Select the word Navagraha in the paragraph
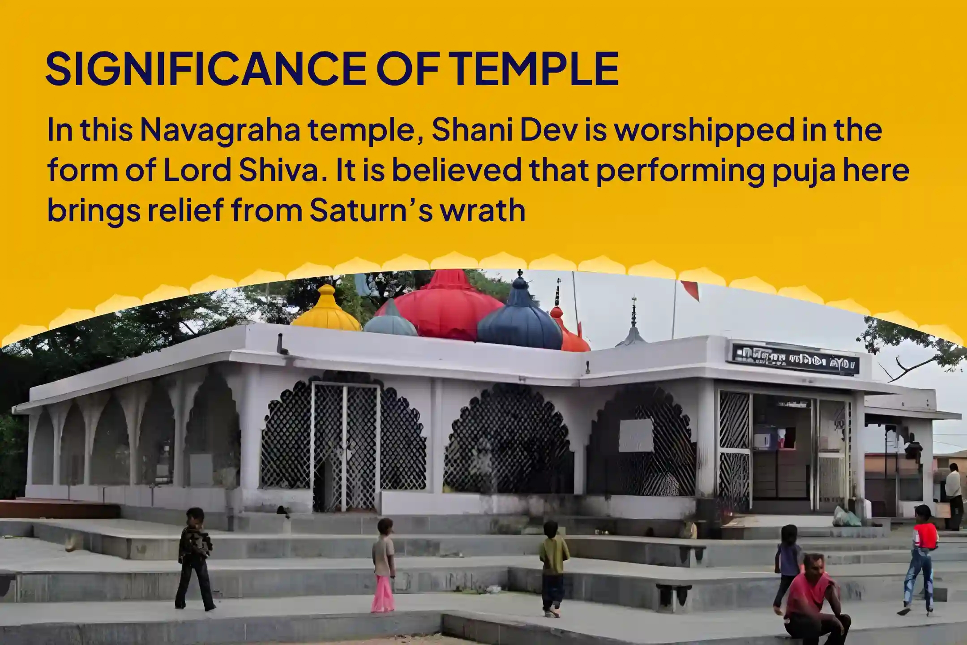pyautogui.click(x=219, y=130)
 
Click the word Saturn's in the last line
pyautogui.click(x=371, y=211)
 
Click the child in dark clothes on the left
pyautogui.click(x=195, y=558)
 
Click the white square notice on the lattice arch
pyautogui.click(x=636, y=435)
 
